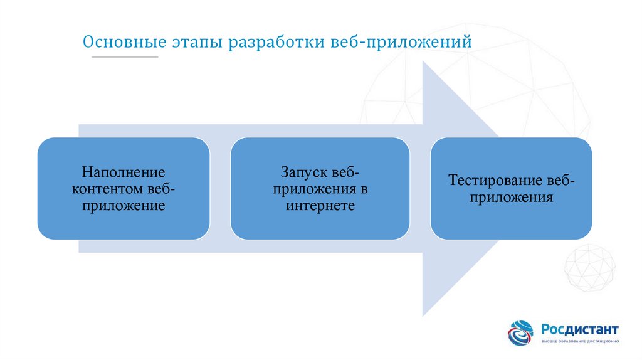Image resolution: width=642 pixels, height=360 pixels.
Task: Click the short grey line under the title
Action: pos(125,58)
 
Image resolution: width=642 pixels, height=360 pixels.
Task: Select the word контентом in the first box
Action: pos(108,188)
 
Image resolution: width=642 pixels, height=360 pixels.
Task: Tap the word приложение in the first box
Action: pos(124,205)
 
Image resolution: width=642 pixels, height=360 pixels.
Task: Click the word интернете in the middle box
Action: pos(320,205)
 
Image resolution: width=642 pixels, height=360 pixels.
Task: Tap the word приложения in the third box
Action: pos(512,198)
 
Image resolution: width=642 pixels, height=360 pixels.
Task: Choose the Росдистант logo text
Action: pos(580,329)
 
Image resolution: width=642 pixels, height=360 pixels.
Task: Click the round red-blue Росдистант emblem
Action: pos(520,333)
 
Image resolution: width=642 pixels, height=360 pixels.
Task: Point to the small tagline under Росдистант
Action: pos(580,342)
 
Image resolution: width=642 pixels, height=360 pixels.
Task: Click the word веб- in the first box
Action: pos(161,188)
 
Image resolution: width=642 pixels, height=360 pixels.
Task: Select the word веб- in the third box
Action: pos(560,181)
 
